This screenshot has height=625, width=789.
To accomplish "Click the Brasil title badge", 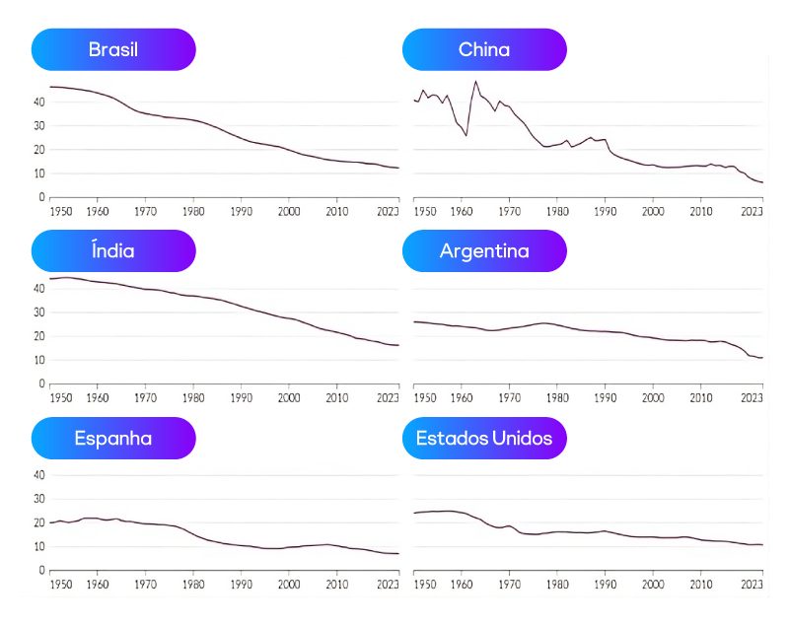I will click(x=113, y=49).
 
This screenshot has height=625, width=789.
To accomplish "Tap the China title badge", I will click(x=484, y=49).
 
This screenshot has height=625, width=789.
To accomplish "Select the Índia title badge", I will click(x=113, y=250).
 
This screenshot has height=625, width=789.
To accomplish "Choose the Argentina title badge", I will click(x=484, y=250).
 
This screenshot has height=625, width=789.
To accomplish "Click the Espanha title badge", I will click(x=113, y=438).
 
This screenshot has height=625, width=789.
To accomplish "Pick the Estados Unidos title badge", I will click(x=484, y=438).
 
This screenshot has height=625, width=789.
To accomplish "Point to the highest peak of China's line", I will click(x=476, y=82).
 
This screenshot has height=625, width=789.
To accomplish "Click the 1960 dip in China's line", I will click(x=466, y=135).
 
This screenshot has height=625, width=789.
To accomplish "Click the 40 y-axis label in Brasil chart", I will click(x=39, y=102).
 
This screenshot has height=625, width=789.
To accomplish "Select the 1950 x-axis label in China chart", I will click(x=424, y=210).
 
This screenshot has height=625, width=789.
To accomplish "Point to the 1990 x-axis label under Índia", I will click(x=241, y=397).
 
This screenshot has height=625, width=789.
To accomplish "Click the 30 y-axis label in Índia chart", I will click(x=39, y=312).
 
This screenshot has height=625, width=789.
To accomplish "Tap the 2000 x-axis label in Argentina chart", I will click(x=653, y=397).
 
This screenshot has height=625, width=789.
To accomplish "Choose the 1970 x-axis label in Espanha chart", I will click(x=145, y=584).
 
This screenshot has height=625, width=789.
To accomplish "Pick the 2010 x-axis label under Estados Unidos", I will click(x=700, y=584).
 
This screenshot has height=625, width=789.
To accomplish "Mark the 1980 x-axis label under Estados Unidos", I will click(x=557, y=584).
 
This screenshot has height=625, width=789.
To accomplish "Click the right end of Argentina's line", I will click(x=762, y=358).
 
